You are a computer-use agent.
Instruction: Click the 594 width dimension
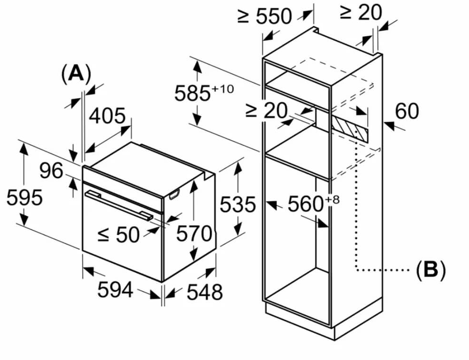[x=115, y=289]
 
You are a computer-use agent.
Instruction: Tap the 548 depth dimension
[x=205, y=292]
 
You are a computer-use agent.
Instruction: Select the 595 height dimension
[x=25, y=198]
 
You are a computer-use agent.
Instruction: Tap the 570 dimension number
[x=194, y=234]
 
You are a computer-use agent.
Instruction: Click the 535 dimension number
[x=238, y=205]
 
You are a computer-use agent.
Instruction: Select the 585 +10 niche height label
[x=204, y=92]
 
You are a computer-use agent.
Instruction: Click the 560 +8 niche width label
[x=314, y=203]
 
